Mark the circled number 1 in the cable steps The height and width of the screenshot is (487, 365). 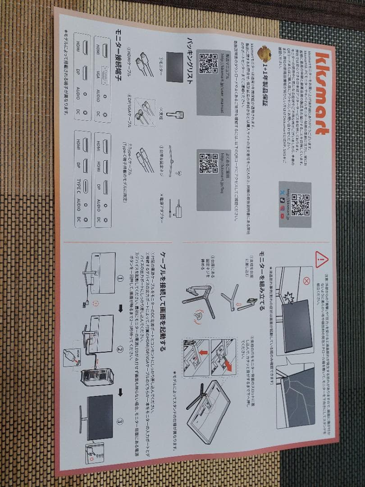pos(120,278)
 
